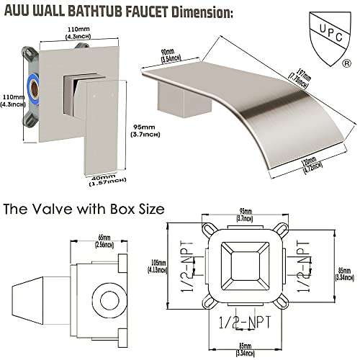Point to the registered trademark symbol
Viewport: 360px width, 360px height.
pyautogui.click(x=348, y=63)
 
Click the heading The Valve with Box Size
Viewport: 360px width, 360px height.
pyautogui.click(x=84, y=210)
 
